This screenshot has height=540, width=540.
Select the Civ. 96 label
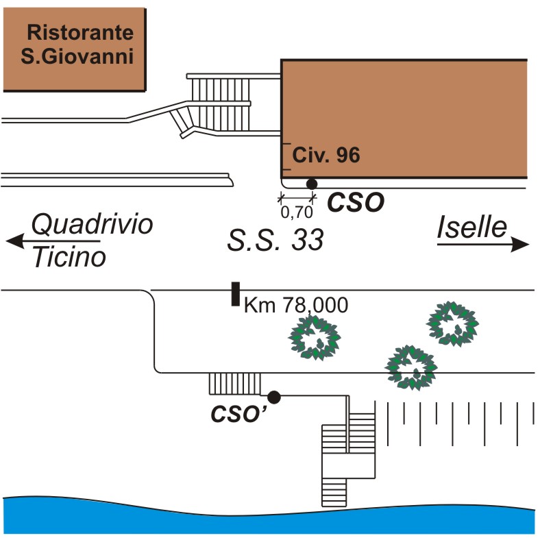pyautogui.click(x=326, y=156)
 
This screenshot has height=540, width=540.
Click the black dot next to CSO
pyautogui.click(x=312, y=183)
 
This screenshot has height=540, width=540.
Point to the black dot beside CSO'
pyautogui.click(x=274, y=396)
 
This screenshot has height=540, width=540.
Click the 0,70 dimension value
pyautogui.click(x=297, y=212)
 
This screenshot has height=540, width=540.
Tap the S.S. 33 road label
pyautogui.click(x=275, y=241)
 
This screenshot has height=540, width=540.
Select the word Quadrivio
pyautogui.click(x=93, y=224)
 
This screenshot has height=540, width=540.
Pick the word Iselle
pyautogui.click(x=472, y=228)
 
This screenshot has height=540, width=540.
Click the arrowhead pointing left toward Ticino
pyautogui.click(x=13, y=241)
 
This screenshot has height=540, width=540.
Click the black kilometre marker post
pyautogui.click(x=234, y=293)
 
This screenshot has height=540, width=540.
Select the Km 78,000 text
pyautogui.click(x=296, y=305)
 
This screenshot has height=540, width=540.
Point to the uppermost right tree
pyautogui.click(x=452, y=323)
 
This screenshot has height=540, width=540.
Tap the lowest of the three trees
pyautogui.click(x=411, y=366)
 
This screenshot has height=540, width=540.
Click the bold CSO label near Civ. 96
pyautogui.click(x=356, y=201)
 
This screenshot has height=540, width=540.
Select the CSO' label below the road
pyautogui.click(x=234, y=415)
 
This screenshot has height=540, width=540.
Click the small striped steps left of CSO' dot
pyautogui.click(x=235, y=384)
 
